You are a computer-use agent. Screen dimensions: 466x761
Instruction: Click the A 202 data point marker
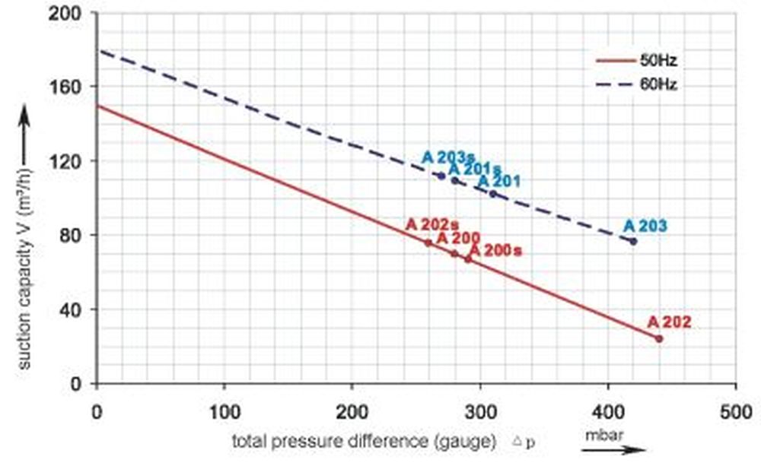pyautogui.click(x=659, y=338)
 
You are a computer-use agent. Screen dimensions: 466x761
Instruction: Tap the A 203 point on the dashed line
pyautogui.click(x=633, y=241)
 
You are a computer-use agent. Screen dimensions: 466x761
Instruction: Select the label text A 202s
pyautogui.click(x=431, y=224)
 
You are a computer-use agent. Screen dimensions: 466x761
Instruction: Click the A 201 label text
pyautogui.click(x=498, y=182)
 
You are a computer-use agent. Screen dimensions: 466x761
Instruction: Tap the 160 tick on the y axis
pyautogui.click(x=72, y=87)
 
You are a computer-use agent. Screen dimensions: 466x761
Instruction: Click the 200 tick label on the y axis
pyautogui.click(x=72, y=13)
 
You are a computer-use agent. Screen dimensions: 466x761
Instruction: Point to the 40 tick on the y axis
pyautogui.click(x=76, y=310)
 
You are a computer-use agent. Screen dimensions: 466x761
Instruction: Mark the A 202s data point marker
pyautogui.click(x=428, y=243)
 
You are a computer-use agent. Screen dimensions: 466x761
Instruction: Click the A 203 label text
pyautogui.click(x=645, y=226)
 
